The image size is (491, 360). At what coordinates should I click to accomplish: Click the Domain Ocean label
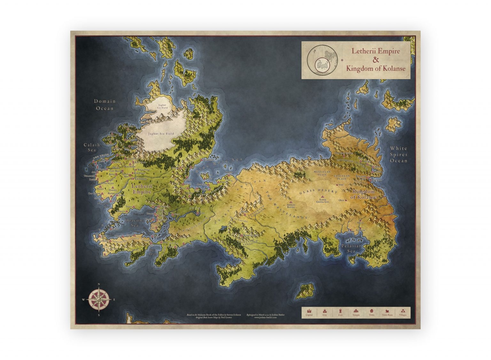click(x=105, y=105)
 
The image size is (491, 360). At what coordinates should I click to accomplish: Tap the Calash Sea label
click(x=92, y=147)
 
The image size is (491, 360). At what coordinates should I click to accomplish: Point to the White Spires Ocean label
click(x=398, y=154)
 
